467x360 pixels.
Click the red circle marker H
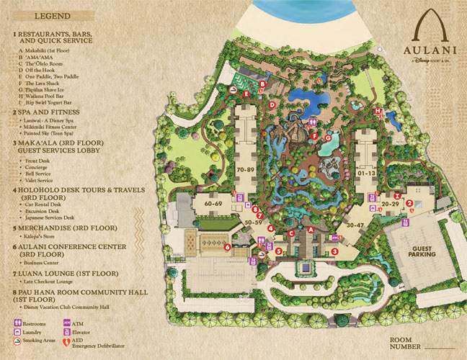[377, 110]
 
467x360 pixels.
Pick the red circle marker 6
[227, 247]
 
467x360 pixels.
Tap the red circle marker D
[271, 104]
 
